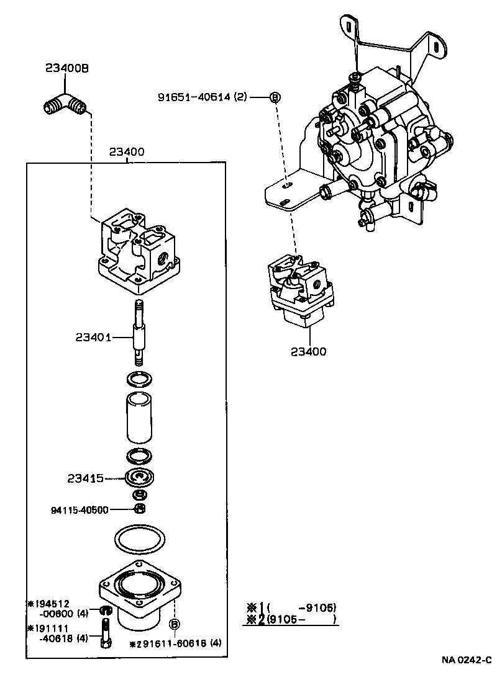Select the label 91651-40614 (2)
(203, 97)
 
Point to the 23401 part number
(93, 338)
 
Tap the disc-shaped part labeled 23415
(140, 478)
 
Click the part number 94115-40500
(80, 510)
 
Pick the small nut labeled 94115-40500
(140, 509)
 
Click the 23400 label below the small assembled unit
(308, 352)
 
